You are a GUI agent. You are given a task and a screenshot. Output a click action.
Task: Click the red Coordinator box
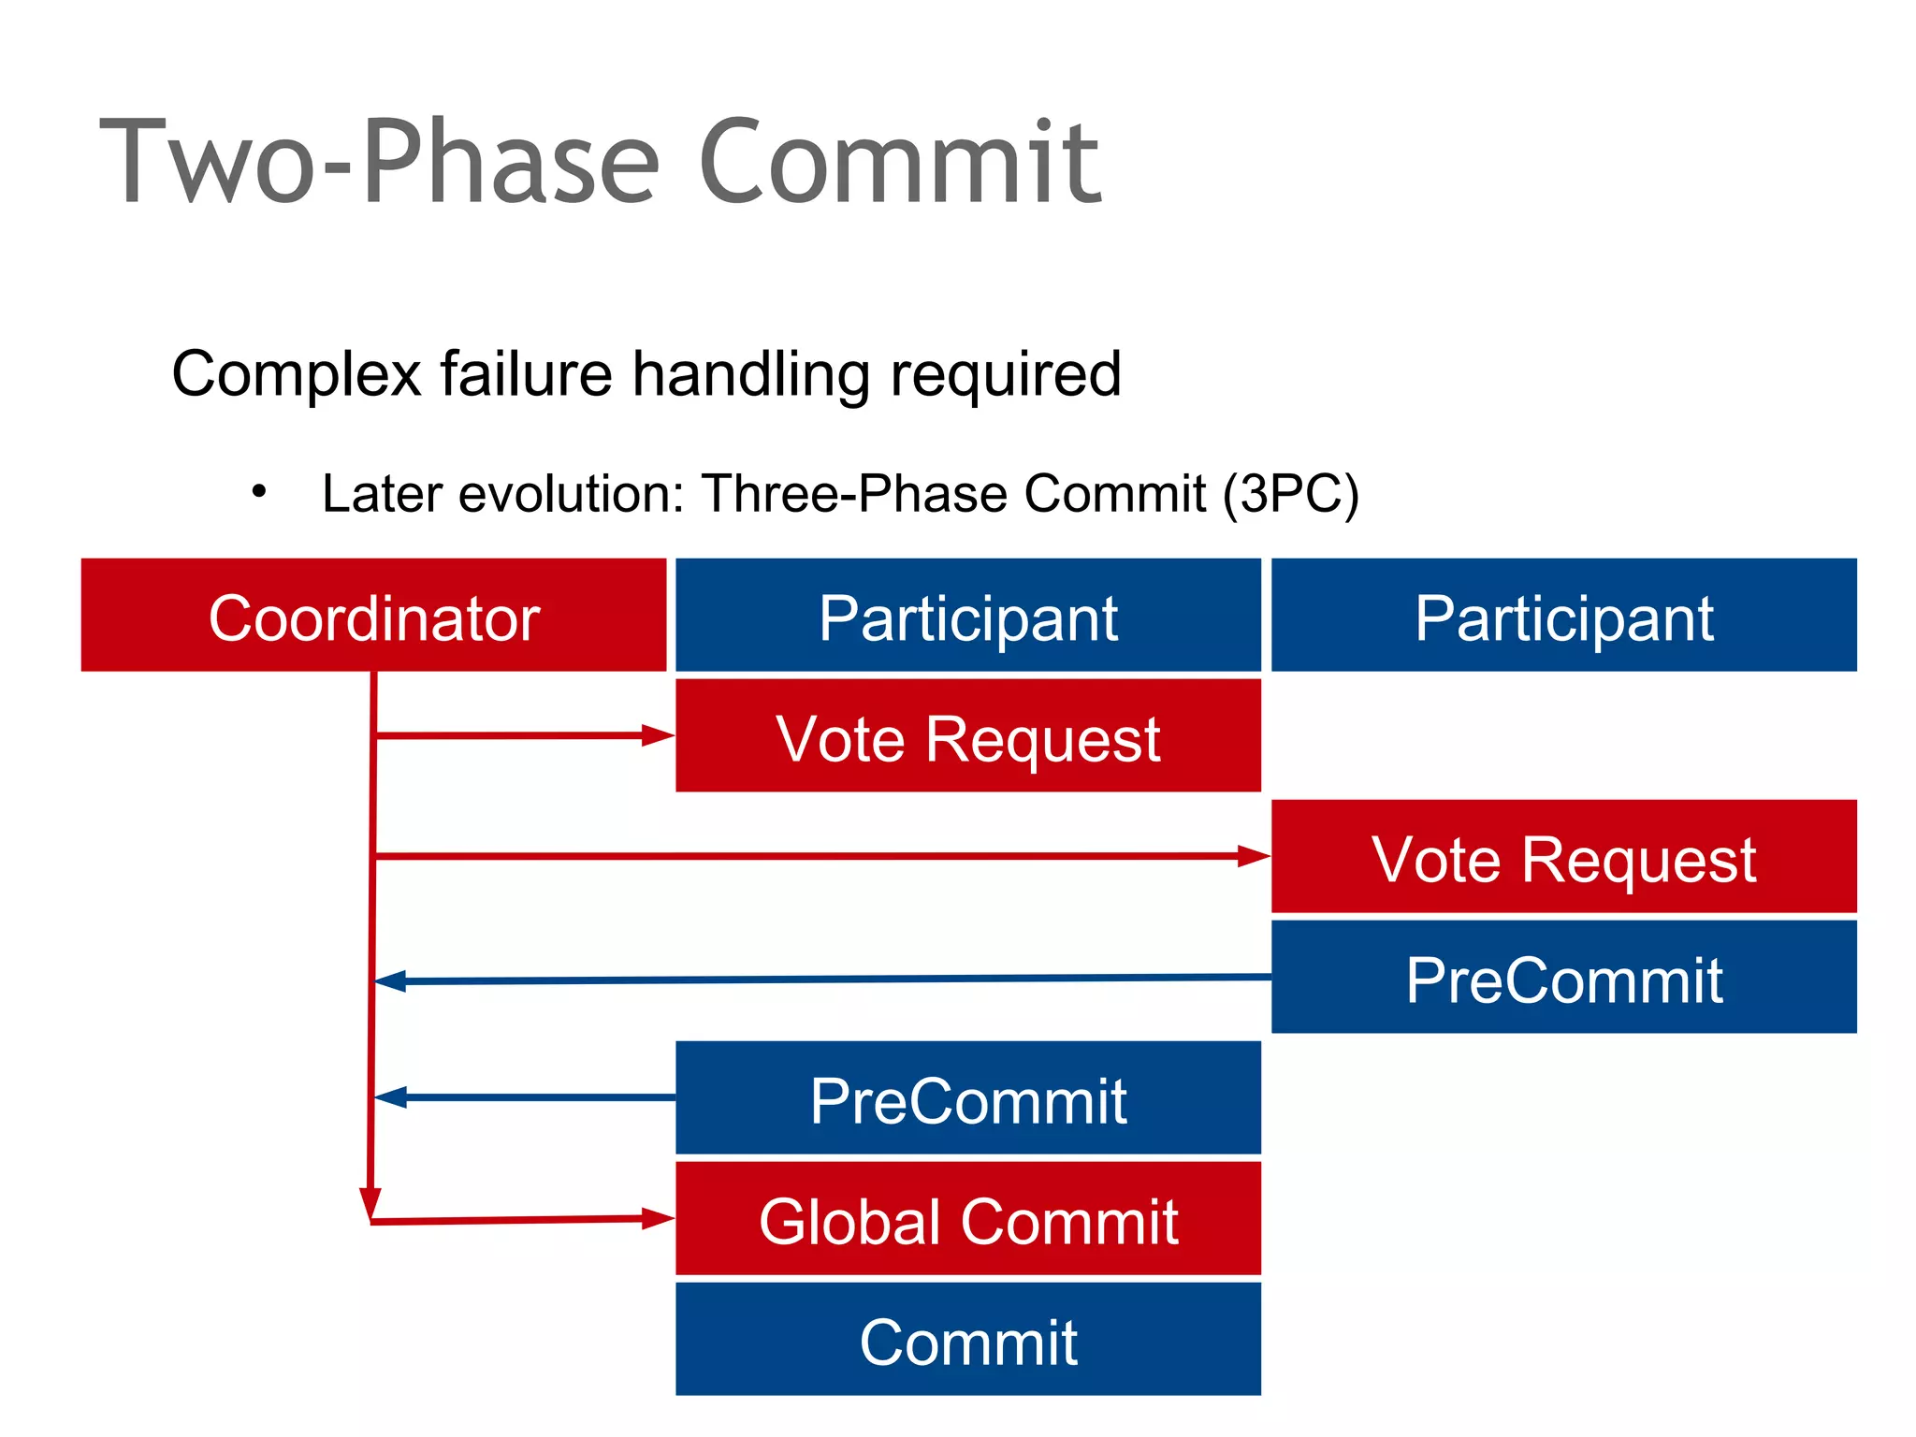(373, 615)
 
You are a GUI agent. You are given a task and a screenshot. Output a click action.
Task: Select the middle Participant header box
(967, 615)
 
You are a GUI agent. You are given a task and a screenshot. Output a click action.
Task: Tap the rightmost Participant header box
(1563, 615)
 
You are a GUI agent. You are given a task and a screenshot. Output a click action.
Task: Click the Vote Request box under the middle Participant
(967, 735)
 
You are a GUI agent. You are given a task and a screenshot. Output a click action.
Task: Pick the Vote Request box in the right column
(1563, 856)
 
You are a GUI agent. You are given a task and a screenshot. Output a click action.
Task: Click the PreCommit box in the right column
(1563, 977)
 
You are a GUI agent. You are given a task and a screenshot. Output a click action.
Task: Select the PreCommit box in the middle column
(967, 1097)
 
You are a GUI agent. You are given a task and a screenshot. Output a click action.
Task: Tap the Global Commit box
(967, 1218)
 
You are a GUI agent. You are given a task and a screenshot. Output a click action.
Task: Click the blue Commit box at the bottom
(967, 1339)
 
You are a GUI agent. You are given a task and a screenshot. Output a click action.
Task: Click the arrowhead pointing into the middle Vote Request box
(659, 735)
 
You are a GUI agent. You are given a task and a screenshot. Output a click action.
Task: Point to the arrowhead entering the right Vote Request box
(1254, 856)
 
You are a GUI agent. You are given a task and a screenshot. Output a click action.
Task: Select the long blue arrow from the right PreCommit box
(823, 979)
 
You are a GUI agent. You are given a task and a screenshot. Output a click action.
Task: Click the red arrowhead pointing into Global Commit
(659, 1218)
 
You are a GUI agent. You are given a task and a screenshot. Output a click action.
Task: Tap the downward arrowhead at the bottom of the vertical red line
(370, 1202)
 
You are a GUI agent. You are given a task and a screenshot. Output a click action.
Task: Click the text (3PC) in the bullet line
(1291, 494)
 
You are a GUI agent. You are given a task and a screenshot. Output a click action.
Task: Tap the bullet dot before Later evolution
(259, 490)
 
